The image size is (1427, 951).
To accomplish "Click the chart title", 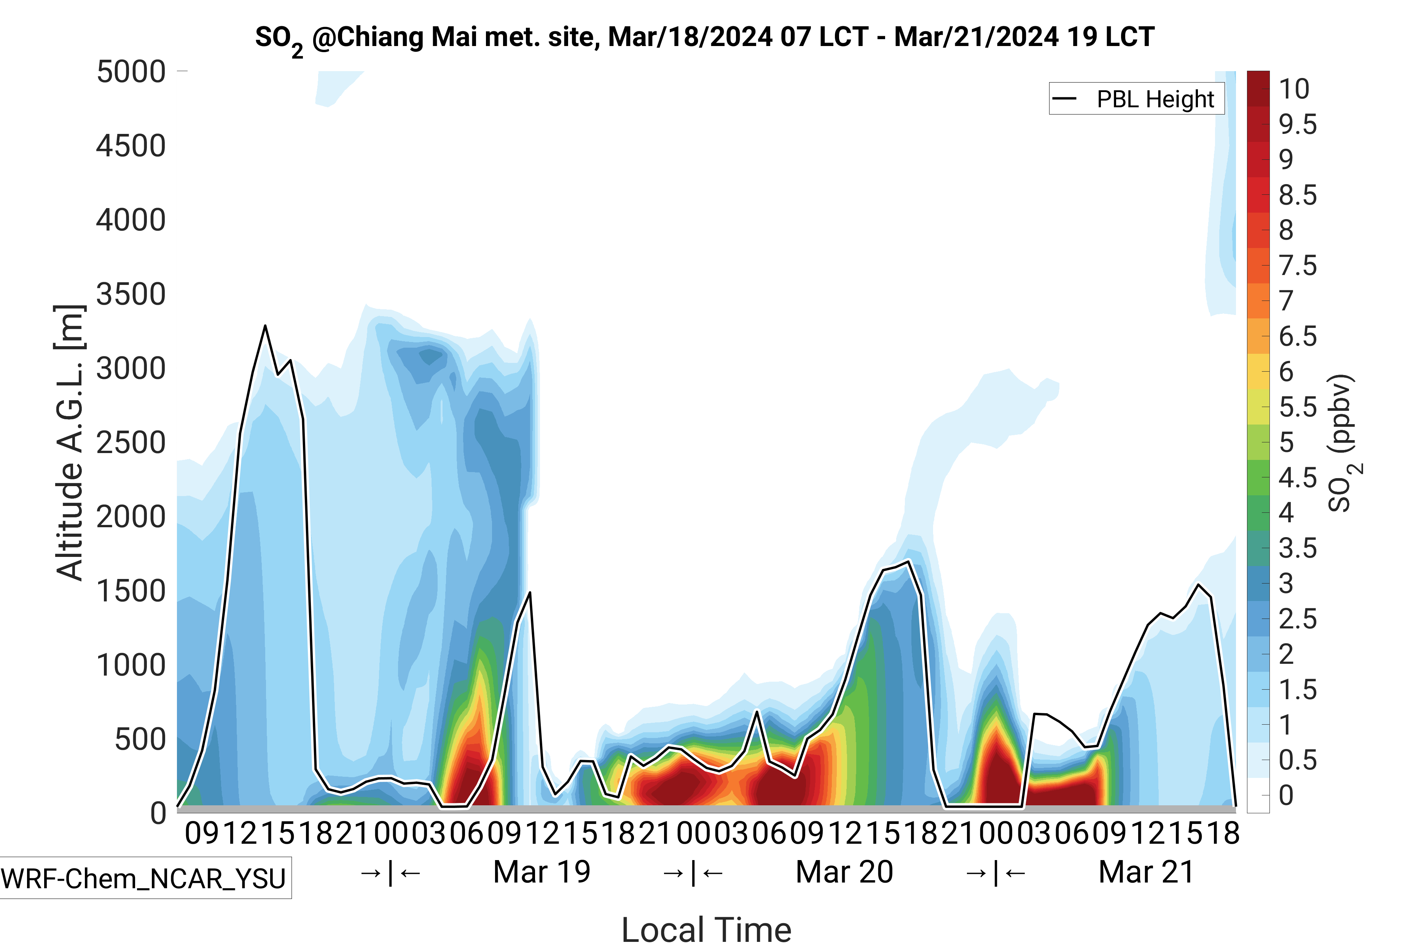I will click(704, 38).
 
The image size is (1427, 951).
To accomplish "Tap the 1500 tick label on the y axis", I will click(131, 591).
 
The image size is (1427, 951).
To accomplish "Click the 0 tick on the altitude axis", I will click(158, 813).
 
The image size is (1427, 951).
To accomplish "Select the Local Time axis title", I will click(706, 929).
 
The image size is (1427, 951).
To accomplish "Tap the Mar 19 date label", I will click(541, 872).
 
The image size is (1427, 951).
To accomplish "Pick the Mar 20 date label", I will click(844, 872).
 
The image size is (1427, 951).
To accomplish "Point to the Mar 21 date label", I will click(1146, 872).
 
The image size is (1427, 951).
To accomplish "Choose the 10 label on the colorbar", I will click(1293, 89).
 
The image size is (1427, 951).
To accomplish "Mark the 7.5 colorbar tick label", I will click(1297, 266).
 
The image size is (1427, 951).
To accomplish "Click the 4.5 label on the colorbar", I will click(1297, 478).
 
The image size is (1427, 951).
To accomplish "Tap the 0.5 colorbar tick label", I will click(1297, 760).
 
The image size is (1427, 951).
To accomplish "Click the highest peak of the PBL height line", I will click(265, 326).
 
